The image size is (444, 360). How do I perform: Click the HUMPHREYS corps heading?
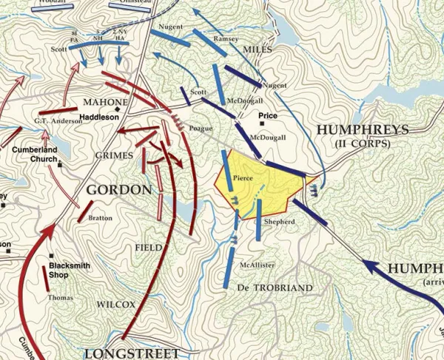point(362,129)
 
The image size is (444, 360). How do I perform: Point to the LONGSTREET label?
point(121,353)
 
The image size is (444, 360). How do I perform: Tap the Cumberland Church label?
point(34,154)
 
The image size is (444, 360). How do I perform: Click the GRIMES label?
point(114,156)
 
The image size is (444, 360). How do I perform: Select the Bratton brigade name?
point(101,219)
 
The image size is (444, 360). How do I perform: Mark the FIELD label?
point(148,247)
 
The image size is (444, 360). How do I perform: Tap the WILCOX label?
point(115,304)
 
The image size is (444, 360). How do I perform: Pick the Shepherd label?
point(279,222)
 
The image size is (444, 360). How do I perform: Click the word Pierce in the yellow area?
point(244,178)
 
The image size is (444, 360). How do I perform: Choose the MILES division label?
point(257,49)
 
